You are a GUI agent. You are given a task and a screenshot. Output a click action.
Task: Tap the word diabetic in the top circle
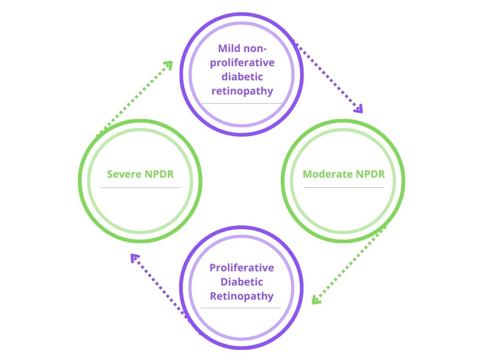click(x=242, y=77)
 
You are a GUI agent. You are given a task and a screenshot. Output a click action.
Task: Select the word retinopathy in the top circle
click(x=242, y=91)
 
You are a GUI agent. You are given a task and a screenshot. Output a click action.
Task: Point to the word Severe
click(x=124, y=174)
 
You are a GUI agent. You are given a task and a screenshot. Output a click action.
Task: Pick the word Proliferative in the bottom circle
click(x=242, y=268)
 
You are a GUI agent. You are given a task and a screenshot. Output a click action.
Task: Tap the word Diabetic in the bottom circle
click(x=242, y=282)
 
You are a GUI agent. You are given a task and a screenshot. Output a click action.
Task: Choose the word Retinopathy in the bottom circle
click(x=242, y=296)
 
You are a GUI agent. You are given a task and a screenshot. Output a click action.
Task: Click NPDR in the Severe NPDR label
click(x=158, y=174)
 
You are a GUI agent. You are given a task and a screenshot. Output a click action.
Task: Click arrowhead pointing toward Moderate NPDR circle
click(x=359, y=109)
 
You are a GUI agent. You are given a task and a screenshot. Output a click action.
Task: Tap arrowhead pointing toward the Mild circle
click(x=168, y=64)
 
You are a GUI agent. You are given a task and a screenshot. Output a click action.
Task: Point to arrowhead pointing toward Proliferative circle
click(x=316, y=300)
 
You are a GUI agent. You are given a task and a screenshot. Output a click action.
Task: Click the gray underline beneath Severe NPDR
click(x=140, y=188)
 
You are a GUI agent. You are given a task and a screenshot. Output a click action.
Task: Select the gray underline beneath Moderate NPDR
click(x=344, y=188)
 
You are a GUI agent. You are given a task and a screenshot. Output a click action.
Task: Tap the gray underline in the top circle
click(x=242, y=103)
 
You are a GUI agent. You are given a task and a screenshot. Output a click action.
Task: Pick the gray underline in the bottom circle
click(x=241, y=308)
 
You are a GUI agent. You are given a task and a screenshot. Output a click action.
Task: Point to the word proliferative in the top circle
click(x=242, y=62)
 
